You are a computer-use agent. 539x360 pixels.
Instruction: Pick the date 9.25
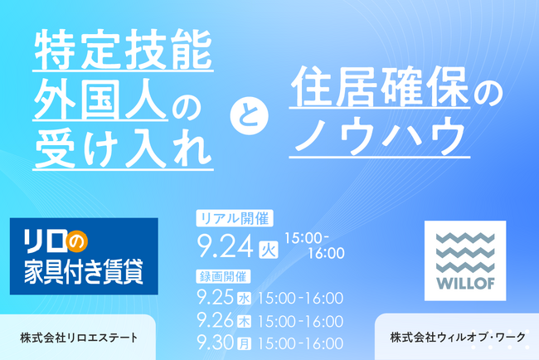click(216, 297)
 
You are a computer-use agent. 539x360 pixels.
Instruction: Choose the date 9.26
click(216, 318)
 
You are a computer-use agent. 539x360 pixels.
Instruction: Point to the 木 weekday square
click(246, 319)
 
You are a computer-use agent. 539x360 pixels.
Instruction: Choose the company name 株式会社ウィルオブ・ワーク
click(457, 338)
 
